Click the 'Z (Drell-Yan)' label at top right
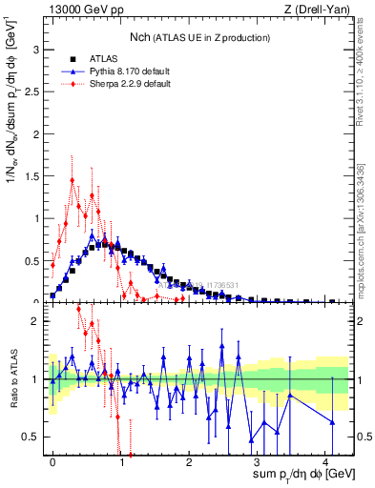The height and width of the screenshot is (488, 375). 319,10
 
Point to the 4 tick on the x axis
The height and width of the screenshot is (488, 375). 325,460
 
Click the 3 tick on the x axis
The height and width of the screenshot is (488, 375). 258,460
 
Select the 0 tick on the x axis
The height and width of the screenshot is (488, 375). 52,460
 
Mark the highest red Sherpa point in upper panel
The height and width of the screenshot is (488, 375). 73,179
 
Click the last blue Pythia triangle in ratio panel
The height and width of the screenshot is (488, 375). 332,422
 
